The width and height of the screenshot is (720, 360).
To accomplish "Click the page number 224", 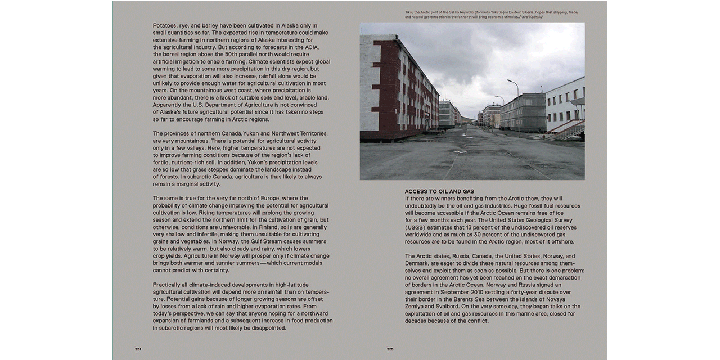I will [x=138, y=349].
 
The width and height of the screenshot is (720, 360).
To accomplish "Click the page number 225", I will [x=390, y=349].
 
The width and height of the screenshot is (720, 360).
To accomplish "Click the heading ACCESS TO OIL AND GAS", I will [x=439, y=191].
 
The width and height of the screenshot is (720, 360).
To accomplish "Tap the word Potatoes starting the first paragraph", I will [x=164, y=25].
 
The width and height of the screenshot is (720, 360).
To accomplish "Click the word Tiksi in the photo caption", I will [x=409, y=12].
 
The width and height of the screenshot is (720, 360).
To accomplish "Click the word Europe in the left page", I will [x=296, y=198].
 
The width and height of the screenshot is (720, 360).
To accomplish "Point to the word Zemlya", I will [x=416, y=307].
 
